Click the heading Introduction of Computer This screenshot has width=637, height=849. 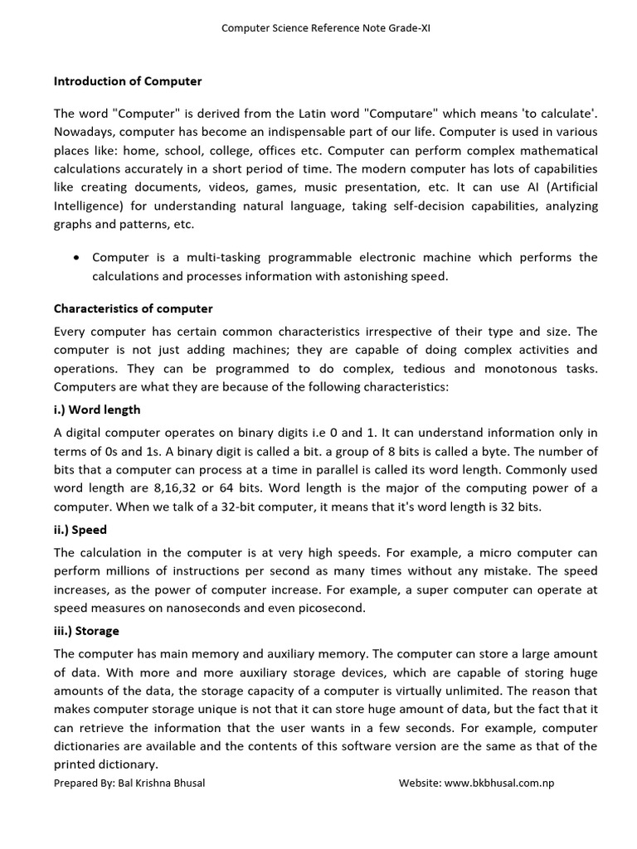point(128,81)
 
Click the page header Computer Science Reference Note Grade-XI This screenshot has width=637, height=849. point(325,28)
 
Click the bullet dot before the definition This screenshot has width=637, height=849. point(76,258)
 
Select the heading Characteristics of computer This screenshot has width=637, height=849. point(133,308)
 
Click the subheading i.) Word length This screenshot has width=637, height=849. point(97,410)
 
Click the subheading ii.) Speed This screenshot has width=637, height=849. point(80,530)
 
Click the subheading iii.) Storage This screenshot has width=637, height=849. point(86,631)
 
